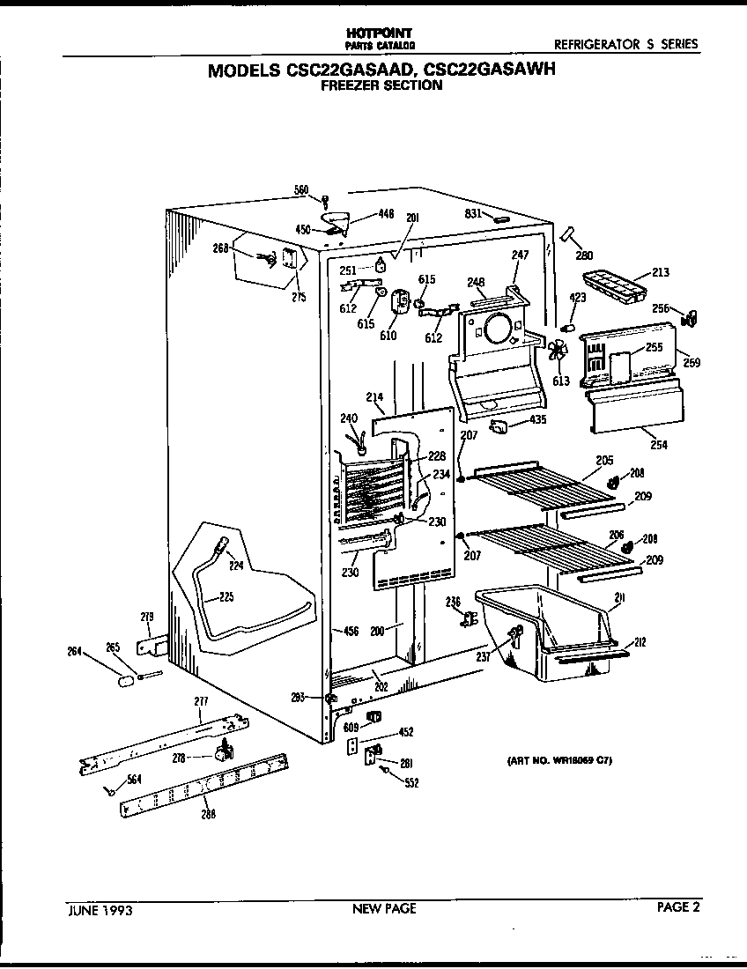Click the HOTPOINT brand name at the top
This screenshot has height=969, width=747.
pyautogui.click(x=381, y=32)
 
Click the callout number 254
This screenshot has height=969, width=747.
pyautogui.click(x=658, y=445)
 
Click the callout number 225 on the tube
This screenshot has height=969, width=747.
pyautogui.click(x=226, y=597)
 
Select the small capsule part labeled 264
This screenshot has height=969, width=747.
pyautogui.click(x=126, y=681)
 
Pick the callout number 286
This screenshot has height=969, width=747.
pyautogui.click(x=208, y=813)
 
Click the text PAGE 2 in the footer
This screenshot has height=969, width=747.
pyautogui.click(x=678, y=908)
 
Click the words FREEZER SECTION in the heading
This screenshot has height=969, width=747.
pyautogui.click(x=381, y=85)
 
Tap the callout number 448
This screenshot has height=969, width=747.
pyautogui.click(x=386, y=213)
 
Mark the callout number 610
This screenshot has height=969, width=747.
pyautogui.click(x=388, y=335)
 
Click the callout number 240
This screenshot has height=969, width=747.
pyautogui.click(x=350, y=419)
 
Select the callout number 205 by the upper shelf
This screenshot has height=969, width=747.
pyautogui.click(x=604, y=460)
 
